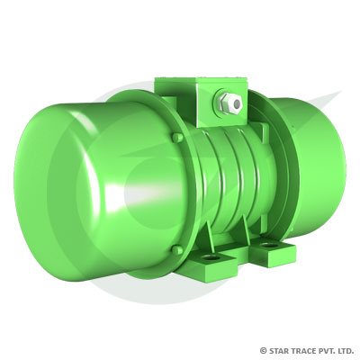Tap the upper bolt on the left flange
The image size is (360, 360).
(177, 138)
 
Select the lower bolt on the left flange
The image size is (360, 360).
(177, 249)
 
